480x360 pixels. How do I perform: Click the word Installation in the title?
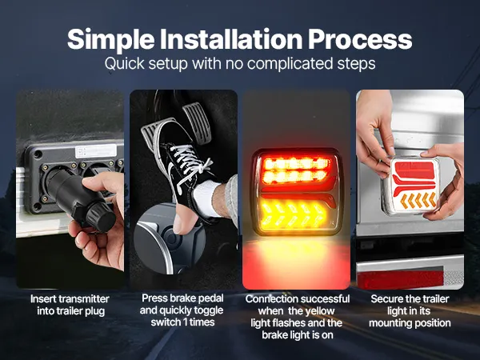[231, 39]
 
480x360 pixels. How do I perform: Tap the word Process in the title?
[360, 40]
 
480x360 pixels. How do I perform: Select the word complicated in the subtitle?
[290, 63]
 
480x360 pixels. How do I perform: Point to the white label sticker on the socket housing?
[96, 151]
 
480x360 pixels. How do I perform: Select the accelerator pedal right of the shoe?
[197, 122]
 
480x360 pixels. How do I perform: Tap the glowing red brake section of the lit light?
[296, 171]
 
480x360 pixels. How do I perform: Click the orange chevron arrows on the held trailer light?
[418, 200]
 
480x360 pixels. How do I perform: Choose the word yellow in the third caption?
[319, 311]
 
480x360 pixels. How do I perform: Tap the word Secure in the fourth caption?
[385, 298]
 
